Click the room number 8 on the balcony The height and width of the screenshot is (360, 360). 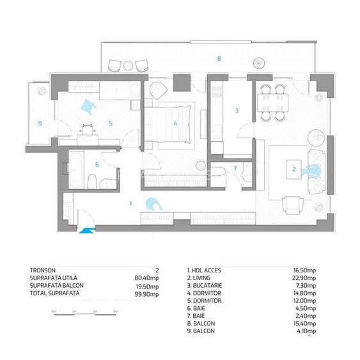coord(219,59)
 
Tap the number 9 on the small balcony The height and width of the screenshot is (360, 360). coord(39,123)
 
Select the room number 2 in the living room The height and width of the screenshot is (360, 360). coord(293,169)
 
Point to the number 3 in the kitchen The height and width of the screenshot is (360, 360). coord(237,110)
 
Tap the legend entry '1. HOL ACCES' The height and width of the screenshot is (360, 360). coord(204,270)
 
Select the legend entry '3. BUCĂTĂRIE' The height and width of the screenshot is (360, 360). coord(205,286)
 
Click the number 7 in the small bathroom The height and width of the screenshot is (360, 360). coord(234,169)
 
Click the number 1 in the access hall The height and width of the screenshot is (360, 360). coord(130,203)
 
